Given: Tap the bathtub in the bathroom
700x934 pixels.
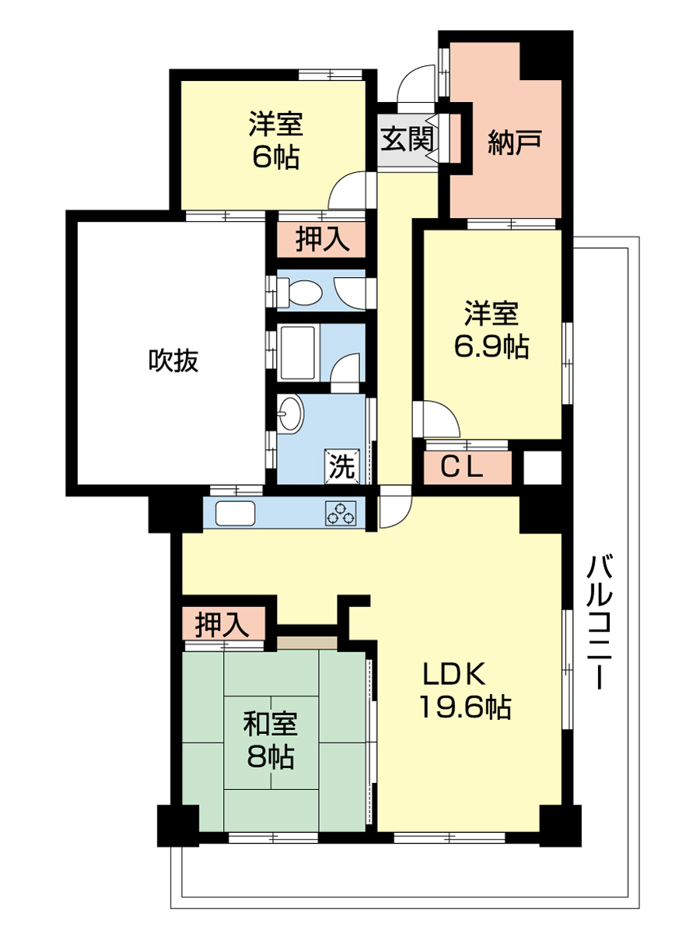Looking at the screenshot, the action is click(298, 353).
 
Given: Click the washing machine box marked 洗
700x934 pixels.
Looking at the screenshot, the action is click(342, 466).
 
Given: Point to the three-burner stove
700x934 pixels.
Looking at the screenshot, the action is click(341, 513).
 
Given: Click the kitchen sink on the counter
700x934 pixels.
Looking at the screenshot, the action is click(236, 513).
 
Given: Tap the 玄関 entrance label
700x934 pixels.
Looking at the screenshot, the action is click(407, 139).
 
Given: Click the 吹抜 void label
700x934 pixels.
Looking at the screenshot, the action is click(173, 360).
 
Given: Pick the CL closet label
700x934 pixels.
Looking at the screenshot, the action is click(461, 467).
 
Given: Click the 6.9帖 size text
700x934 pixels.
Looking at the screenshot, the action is click(492, 347).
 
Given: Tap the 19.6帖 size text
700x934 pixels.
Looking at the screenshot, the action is click(465, 708).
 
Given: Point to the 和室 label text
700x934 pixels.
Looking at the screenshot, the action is click(271, 724).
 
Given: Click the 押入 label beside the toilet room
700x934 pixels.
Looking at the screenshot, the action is click(323, 239).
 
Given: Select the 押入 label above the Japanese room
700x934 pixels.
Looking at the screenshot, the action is click(222, 625).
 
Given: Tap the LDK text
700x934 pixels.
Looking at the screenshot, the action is click(453, 674).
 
